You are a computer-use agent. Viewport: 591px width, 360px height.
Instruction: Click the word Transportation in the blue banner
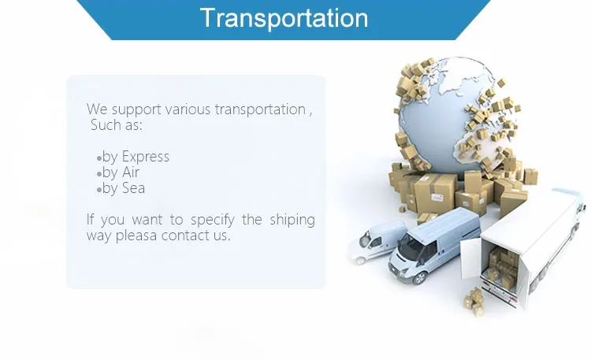[284, 17]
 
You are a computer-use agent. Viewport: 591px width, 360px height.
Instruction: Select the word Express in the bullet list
[146, 157]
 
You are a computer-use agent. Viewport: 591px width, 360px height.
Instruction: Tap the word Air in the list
[130, 173]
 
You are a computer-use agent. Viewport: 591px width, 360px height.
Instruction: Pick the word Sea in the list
[133, 188]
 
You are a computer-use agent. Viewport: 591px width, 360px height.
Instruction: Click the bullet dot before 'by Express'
[99, 158]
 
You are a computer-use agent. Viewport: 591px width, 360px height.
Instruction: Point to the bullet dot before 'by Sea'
[99, 190]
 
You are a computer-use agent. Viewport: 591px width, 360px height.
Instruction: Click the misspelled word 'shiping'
[292, 220]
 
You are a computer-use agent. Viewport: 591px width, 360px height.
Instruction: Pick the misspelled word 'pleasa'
[136, 236]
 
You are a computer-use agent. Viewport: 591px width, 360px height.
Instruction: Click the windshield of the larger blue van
[414, 249]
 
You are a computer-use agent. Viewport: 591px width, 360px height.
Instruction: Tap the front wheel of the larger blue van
[420, 278]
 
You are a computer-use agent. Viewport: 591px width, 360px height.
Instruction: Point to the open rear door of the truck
[470, 259]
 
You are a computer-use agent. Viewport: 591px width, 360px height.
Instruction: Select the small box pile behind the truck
[474, 301]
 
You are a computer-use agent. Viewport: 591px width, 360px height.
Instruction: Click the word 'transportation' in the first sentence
[260, 109]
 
